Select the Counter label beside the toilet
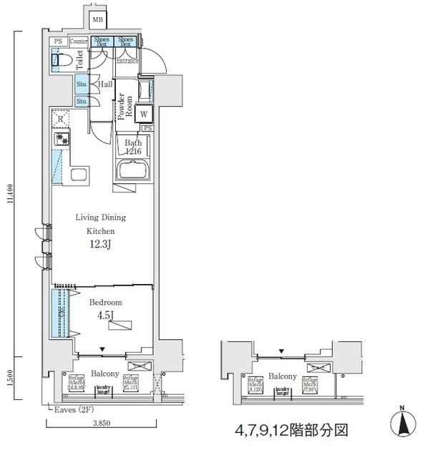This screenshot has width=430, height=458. click(79, 42)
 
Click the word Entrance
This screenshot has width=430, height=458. click(127, 62)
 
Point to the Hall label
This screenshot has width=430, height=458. click(105, 84)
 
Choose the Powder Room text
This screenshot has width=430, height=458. click(125, 108)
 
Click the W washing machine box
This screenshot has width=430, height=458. click(144, 114)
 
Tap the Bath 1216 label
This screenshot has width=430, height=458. click(134, 147)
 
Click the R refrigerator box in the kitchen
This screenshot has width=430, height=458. click(61, 120)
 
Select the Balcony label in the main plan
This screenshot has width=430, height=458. click(104, 374)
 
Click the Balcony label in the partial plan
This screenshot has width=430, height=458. click(283, 376)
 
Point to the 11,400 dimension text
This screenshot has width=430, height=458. click(9, 195)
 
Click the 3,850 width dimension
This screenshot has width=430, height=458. click(102, 424)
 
